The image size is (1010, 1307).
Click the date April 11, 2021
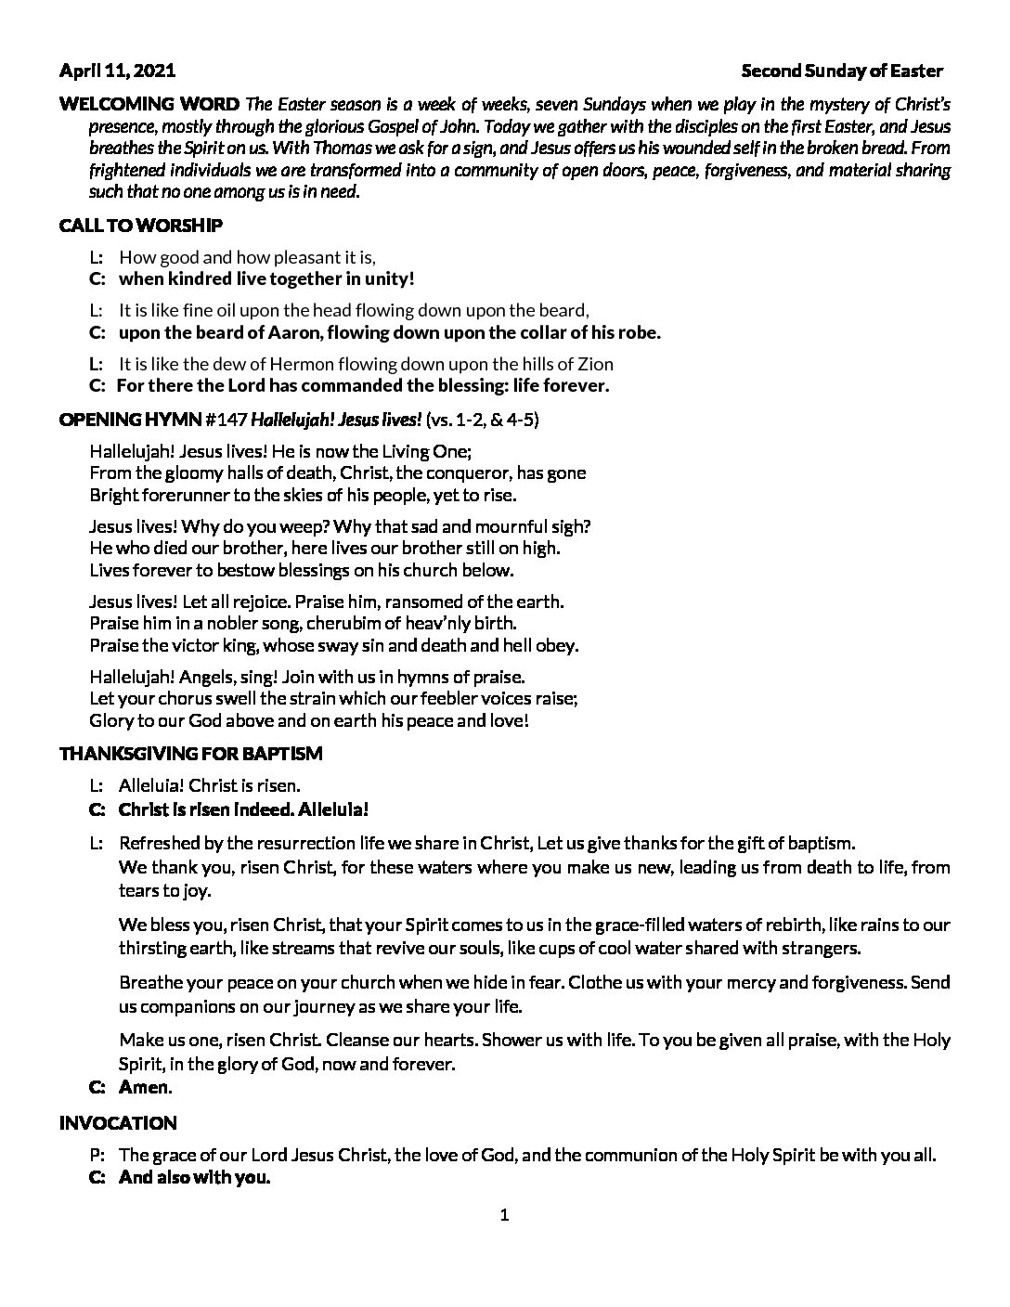(x=117, y=71)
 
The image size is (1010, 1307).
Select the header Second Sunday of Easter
(x=842, y=71)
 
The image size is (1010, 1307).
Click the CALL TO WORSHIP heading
(x=140, y=226)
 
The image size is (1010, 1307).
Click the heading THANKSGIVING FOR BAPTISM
(x=190, y=753)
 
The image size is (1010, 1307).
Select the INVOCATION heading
(x=118, y=1123)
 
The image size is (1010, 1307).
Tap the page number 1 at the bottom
(x=504, y=1216)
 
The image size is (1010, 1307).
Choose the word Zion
(x=594, y=364)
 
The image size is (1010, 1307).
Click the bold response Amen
(x=144, y=1087)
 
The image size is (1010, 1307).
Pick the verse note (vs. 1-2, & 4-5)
(x=481, y=420)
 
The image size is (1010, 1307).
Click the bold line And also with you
(x=194, y=1178)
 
